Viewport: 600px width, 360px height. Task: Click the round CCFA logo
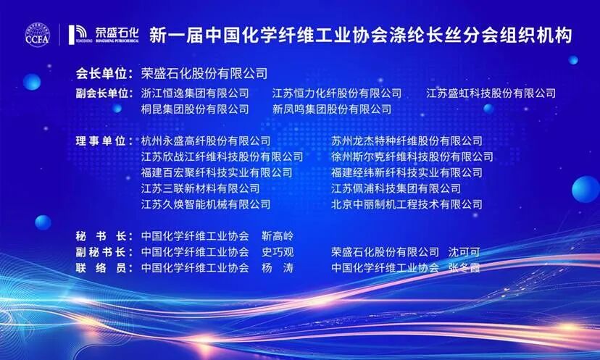click(38, 35)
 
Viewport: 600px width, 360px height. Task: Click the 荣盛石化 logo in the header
click(104, 35)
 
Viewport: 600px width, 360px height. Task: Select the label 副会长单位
click(104, 93)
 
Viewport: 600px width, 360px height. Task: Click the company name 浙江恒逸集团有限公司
click(195, 93)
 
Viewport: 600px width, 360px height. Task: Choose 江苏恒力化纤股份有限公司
click(337, 93)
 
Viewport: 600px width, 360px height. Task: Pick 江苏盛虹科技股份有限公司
click(491, 93)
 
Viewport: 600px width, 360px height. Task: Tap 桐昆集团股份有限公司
click(195, 109)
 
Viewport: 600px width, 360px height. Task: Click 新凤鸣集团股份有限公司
click(332, 109)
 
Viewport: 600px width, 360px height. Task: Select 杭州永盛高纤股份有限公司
click(206, 141)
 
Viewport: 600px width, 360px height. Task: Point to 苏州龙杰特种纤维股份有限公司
click(407, 141)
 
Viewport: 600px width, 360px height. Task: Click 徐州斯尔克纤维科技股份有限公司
click(412, 156)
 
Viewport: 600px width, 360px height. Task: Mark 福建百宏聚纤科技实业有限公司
click(217, 172)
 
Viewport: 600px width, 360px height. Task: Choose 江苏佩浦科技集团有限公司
click(396, 188)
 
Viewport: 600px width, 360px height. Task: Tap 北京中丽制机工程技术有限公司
click(407, 204)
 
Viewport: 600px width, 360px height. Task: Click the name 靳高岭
click(278, 236)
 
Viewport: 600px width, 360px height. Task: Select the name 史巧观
click(278, 252)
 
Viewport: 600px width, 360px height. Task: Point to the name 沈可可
click(464, 252)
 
